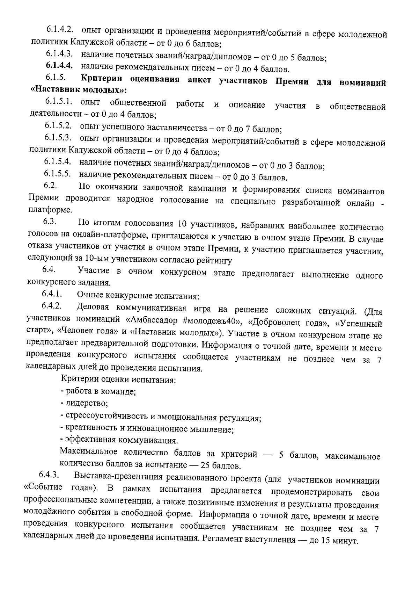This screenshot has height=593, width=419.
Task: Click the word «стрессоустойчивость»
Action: pos(106,417)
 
